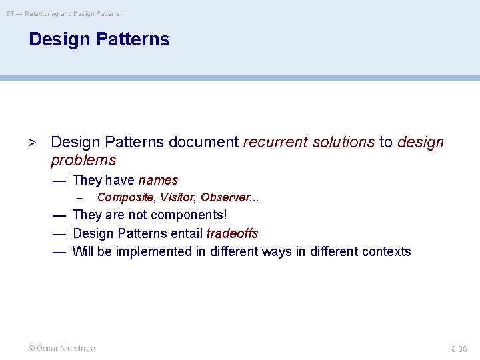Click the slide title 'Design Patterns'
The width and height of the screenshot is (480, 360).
pos(99,39)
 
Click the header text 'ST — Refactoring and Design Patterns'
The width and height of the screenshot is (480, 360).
pos(64,13)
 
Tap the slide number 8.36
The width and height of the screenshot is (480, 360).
pos(459,349)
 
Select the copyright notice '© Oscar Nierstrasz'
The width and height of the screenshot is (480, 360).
pos(62,348)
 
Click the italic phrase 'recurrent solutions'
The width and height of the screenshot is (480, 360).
pos(309,142)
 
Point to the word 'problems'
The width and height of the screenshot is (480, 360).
pos(83,160)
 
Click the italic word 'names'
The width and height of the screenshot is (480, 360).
pos(158,180)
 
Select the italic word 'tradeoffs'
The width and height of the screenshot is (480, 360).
pos(232,233)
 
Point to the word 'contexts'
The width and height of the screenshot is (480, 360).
pos(386,251)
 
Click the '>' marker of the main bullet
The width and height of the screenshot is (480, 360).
pos(31,143)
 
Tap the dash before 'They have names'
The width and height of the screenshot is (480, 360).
pos(59,180)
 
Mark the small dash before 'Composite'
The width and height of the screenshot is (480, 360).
pos(79,198)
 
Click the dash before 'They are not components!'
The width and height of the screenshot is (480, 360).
pos(59,215)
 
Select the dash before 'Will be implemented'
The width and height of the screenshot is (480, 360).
pos(59,251)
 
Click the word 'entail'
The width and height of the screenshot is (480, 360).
pos(187,233)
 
